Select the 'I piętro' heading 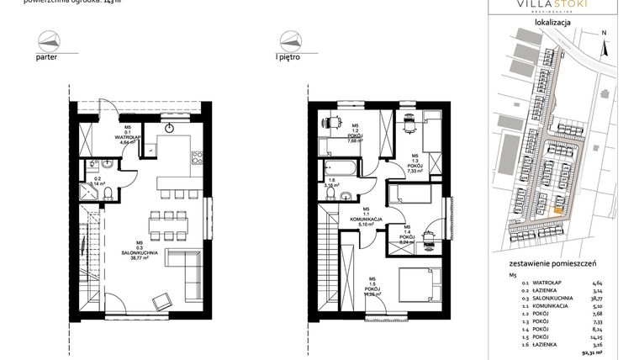290,58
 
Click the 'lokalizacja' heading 552,24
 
